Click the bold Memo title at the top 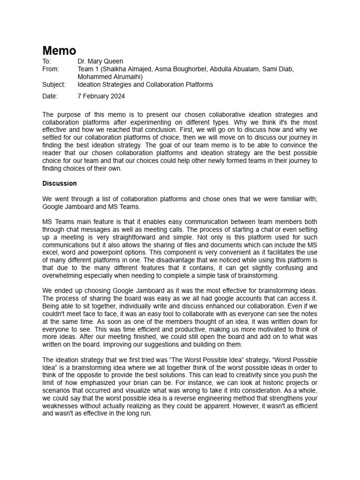coord(59,50)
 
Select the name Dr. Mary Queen coord(101,61)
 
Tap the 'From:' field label coord(51,69)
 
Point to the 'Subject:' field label coord(54,84)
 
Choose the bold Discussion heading coord(60,183)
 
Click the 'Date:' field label coord(50,96)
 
